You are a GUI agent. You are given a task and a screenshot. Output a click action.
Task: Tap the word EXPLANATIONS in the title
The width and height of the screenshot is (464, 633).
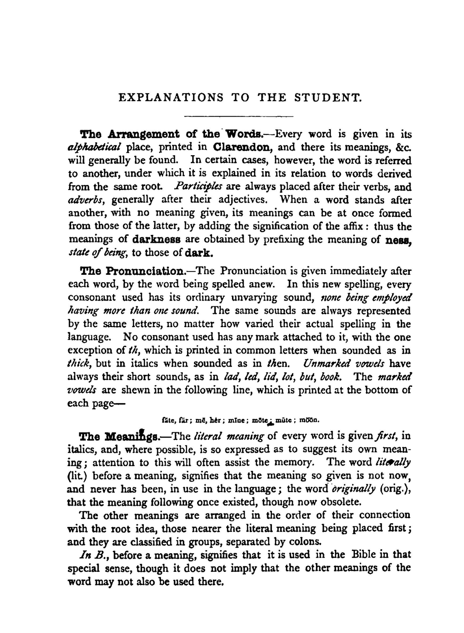[171, 98]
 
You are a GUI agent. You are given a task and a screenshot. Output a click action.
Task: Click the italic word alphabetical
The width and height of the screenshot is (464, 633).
[95, 148]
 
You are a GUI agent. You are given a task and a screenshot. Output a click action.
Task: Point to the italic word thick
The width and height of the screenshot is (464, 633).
[80, 364]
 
